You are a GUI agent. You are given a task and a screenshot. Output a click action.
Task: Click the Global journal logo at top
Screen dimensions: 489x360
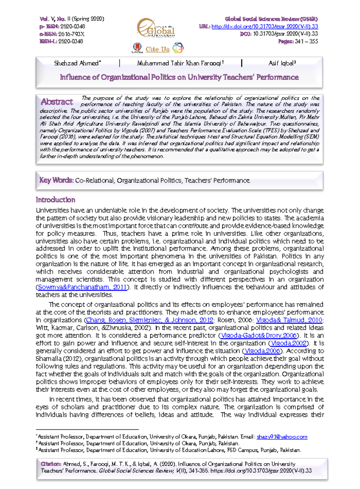coord(156,28)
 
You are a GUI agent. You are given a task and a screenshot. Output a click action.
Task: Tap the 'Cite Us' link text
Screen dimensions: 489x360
coord(157,49)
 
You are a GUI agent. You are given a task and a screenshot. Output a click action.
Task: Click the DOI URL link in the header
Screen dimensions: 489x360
coord(265,27)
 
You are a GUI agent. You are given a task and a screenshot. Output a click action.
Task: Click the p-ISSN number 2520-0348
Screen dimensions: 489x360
coord(73,27)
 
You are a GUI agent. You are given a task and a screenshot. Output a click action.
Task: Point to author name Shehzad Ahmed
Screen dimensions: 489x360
coord(76,63)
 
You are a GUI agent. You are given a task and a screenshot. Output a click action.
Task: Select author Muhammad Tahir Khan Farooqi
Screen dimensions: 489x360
coord(179,63)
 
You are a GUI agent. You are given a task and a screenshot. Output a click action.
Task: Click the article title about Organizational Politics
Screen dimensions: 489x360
coord(179,77)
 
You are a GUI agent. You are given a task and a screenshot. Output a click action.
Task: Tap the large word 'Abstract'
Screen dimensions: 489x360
coord(57,102)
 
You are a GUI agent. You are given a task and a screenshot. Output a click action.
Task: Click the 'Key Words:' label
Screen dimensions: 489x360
coord(56,180)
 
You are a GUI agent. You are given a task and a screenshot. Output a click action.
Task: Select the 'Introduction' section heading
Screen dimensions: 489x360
coord(55,200)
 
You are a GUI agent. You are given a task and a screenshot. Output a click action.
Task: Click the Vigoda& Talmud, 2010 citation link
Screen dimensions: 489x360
coord(289,320)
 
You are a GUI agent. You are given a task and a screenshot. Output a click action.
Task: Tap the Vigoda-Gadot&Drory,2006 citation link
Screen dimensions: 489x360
coord(259,336)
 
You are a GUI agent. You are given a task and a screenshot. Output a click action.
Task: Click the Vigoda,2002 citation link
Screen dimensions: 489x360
coord(289,343)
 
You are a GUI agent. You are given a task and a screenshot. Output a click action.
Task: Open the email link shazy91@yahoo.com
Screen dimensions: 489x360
coord(282,437)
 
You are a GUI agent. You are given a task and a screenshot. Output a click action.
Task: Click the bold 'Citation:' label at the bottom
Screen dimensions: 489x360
coord(51,464)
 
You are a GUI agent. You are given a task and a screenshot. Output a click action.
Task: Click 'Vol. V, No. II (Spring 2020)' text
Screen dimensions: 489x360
coord(72,19)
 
